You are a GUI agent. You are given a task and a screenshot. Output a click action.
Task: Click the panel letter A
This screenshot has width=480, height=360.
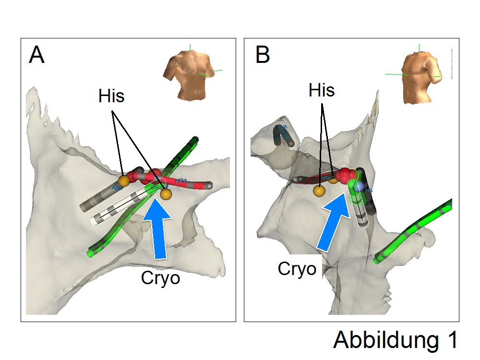click(36, 55)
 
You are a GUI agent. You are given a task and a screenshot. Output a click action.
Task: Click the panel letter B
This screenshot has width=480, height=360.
click(263, 55)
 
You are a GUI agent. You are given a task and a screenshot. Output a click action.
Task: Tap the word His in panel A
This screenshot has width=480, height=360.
click(111, 96)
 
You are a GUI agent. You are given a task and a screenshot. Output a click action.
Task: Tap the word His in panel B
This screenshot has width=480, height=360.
click(322, 90)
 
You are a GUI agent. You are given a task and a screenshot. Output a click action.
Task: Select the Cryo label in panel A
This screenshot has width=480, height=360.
click(160, 278)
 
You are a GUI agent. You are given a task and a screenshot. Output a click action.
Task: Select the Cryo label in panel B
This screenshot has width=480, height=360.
click(297, 269)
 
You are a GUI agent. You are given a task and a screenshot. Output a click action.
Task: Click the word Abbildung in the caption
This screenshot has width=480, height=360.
click(384, 340)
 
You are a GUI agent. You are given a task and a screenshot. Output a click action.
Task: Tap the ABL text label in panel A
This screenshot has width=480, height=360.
click(117, 188)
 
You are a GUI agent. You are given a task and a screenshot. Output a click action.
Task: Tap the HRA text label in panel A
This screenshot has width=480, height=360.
click(181, 181)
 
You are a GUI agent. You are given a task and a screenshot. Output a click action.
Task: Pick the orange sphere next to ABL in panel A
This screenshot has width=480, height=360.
click(124, 181)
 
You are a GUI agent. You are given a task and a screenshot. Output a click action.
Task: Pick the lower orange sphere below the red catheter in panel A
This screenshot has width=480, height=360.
click(166, 194)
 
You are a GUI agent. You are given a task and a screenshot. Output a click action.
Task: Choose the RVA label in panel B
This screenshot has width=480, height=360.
click(283, 127)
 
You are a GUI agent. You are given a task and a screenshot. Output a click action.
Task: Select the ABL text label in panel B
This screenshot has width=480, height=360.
click(369, 190)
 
